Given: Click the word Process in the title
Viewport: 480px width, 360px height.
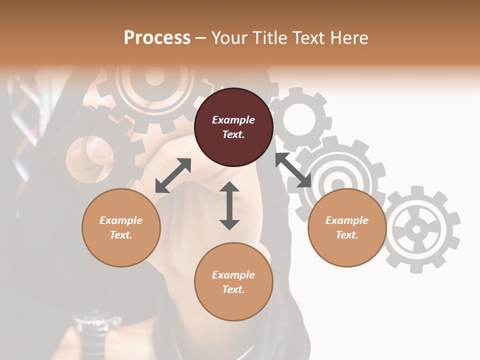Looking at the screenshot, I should (x=157, y=38).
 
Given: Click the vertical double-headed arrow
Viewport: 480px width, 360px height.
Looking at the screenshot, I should (x=229, y=205).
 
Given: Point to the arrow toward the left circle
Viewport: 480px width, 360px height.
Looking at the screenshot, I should (x=173, y=175).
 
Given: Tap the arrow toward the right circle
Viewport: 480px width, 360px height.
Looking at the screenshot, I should (x=293, y=170).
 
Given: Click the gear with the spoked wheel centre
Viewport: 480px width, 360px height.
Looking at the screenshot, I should (x=416, y=229).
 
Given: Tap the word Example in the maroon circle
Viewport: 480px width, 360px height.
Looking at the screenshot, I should (x=233, y=120).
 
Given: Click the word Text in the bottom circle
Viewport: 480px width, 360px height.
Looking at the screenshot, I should (x=233, y=289).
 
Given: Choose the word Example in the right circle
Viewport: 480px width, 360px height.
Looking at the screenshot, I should (x=347, y=220).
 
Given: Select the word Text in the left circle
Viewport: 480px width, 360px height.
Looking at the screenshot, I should (x=121, y=235).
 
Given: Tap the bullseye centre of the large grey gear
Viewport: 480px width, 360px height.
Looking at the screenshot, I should (x=338, y=184).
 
